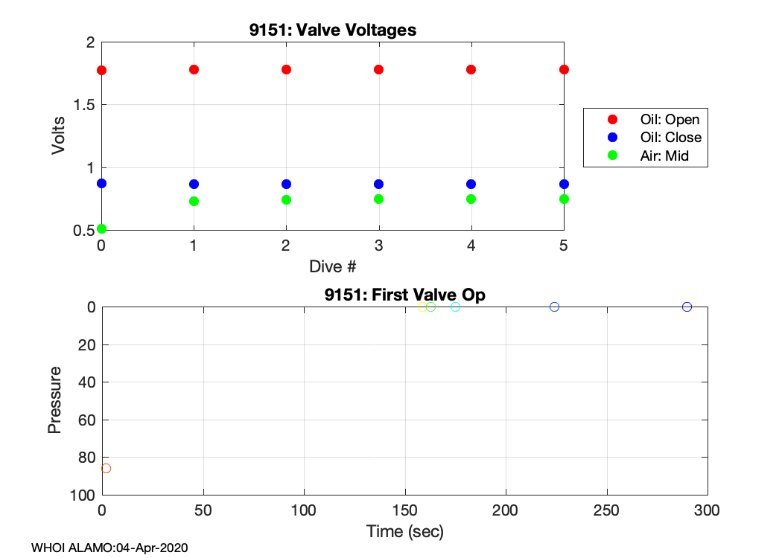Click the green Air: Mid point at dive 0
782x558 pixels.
tap(102, 228)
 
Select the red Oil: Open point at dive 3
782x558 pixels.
tap(378, 69)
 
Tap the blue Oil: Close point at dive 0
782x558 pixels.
tap(102, 183)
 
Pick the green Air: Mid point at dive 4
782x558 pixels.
tap(471, 199)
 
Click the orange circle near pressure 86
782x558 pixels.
tap(106, 468)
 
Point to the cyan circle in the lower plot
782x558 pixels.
tap(456, 307)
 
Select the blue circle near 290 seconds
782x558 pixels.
tap(687, 307)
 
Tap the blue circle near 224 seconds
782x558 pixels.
tap(554, 307)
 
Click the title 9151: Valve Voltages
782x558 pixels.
tap(332, 31)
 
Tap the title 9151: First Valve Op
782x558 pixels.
tap(404, 295)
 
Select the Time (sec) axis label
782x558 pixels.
tap(404, 531)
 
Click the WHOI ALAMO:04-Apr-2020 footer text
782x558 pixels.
tap(109, 548)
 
